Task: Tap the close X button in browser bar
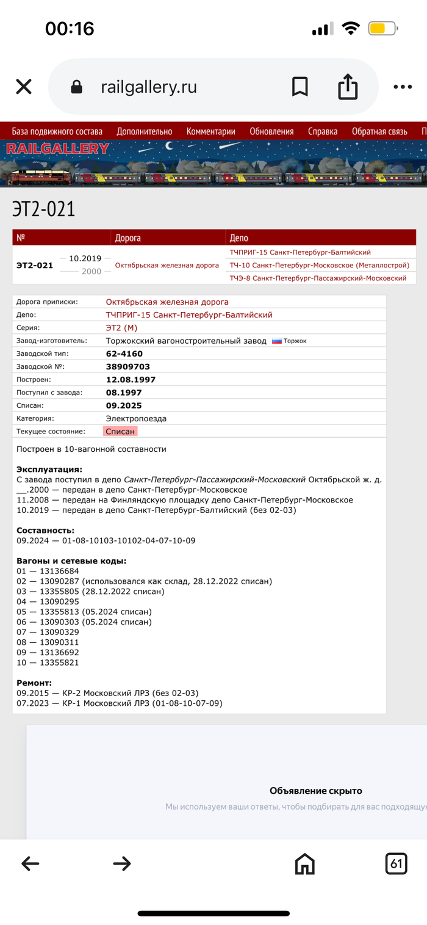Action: (24, 87)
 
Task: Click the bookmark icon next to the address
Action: (300, 87)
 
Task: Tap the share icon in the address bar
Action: (347, 86)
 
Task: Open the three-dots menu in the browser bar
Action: (403, 87)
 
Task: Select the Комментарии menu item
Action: (210, 131)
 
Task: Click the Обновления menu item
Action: (271, 131)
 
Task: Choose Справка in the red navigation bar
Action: (323, 131)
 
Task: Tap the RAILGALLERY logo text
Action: (57, 148)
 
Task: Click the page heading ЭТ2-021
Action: (43, 209)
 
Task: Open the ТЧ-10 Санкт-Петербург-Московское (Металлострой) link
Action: (319, 265)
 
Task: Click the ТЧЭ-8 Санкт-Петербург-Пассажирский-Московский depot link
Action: (318, 278)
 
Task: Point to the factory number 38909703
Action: (127, 367)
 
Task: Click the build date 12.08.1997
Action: (131, 380)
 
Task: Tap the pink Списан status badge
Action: (120, 432)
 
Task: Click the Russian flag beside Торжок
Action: (276, 341)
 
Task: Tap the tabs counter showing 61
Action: (396, 863)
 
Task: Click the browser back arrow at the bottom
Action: (30, 863)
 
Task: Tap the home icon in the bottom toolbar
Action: (304, 863)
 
